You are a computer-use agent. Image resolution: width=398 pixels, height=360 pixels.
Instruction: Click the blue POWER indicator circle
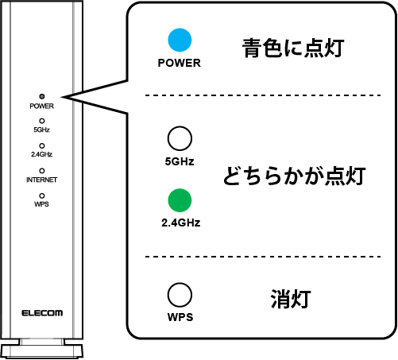click(x=180, y=41)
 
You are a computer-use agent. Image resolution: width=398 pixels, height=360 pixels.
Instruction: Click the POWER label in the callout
click(x=180, y=62)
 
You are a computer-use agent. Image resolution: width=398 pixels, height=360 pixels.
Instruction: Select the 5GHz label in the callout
click(x=180, y=161)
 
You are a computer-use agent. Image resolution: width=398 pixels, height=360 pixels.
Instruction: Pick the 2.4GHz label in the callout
click(x=180, y=223)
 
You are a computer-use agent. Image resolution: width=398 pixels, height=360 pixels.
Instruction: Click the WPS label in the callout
click(x=180, y=318)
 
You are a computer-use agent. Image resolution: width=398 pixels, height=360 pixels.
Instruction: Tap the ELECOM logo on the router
click(x=42, y=312)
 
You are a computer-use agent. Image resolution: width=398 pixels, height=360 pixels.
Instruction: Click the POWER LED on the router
click(x=41, y=96)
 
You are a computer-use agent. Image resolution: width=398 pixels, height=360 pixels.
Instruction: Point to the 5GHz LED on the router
click(x=41, y=121)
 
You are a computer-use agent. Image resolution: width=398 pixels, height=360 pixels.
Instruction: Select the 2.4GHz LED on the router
click(x=41, y=145)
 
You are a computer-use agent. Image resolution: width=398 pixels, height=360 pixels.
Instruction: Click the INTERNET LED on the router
click(x=41, y=170)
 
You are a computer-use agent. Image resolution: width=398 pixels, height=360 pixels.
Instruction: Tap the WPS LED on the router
click(x=41, y=194)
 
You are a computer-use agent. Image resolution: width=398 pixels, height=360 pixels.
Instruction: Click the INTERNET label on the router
click(x=41, y=180)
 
